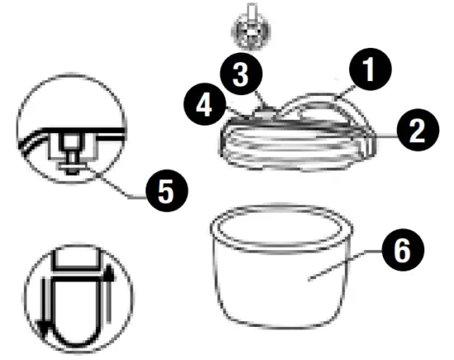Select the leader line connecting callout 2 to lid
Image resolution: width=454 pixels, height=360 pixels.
[382, 132]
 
